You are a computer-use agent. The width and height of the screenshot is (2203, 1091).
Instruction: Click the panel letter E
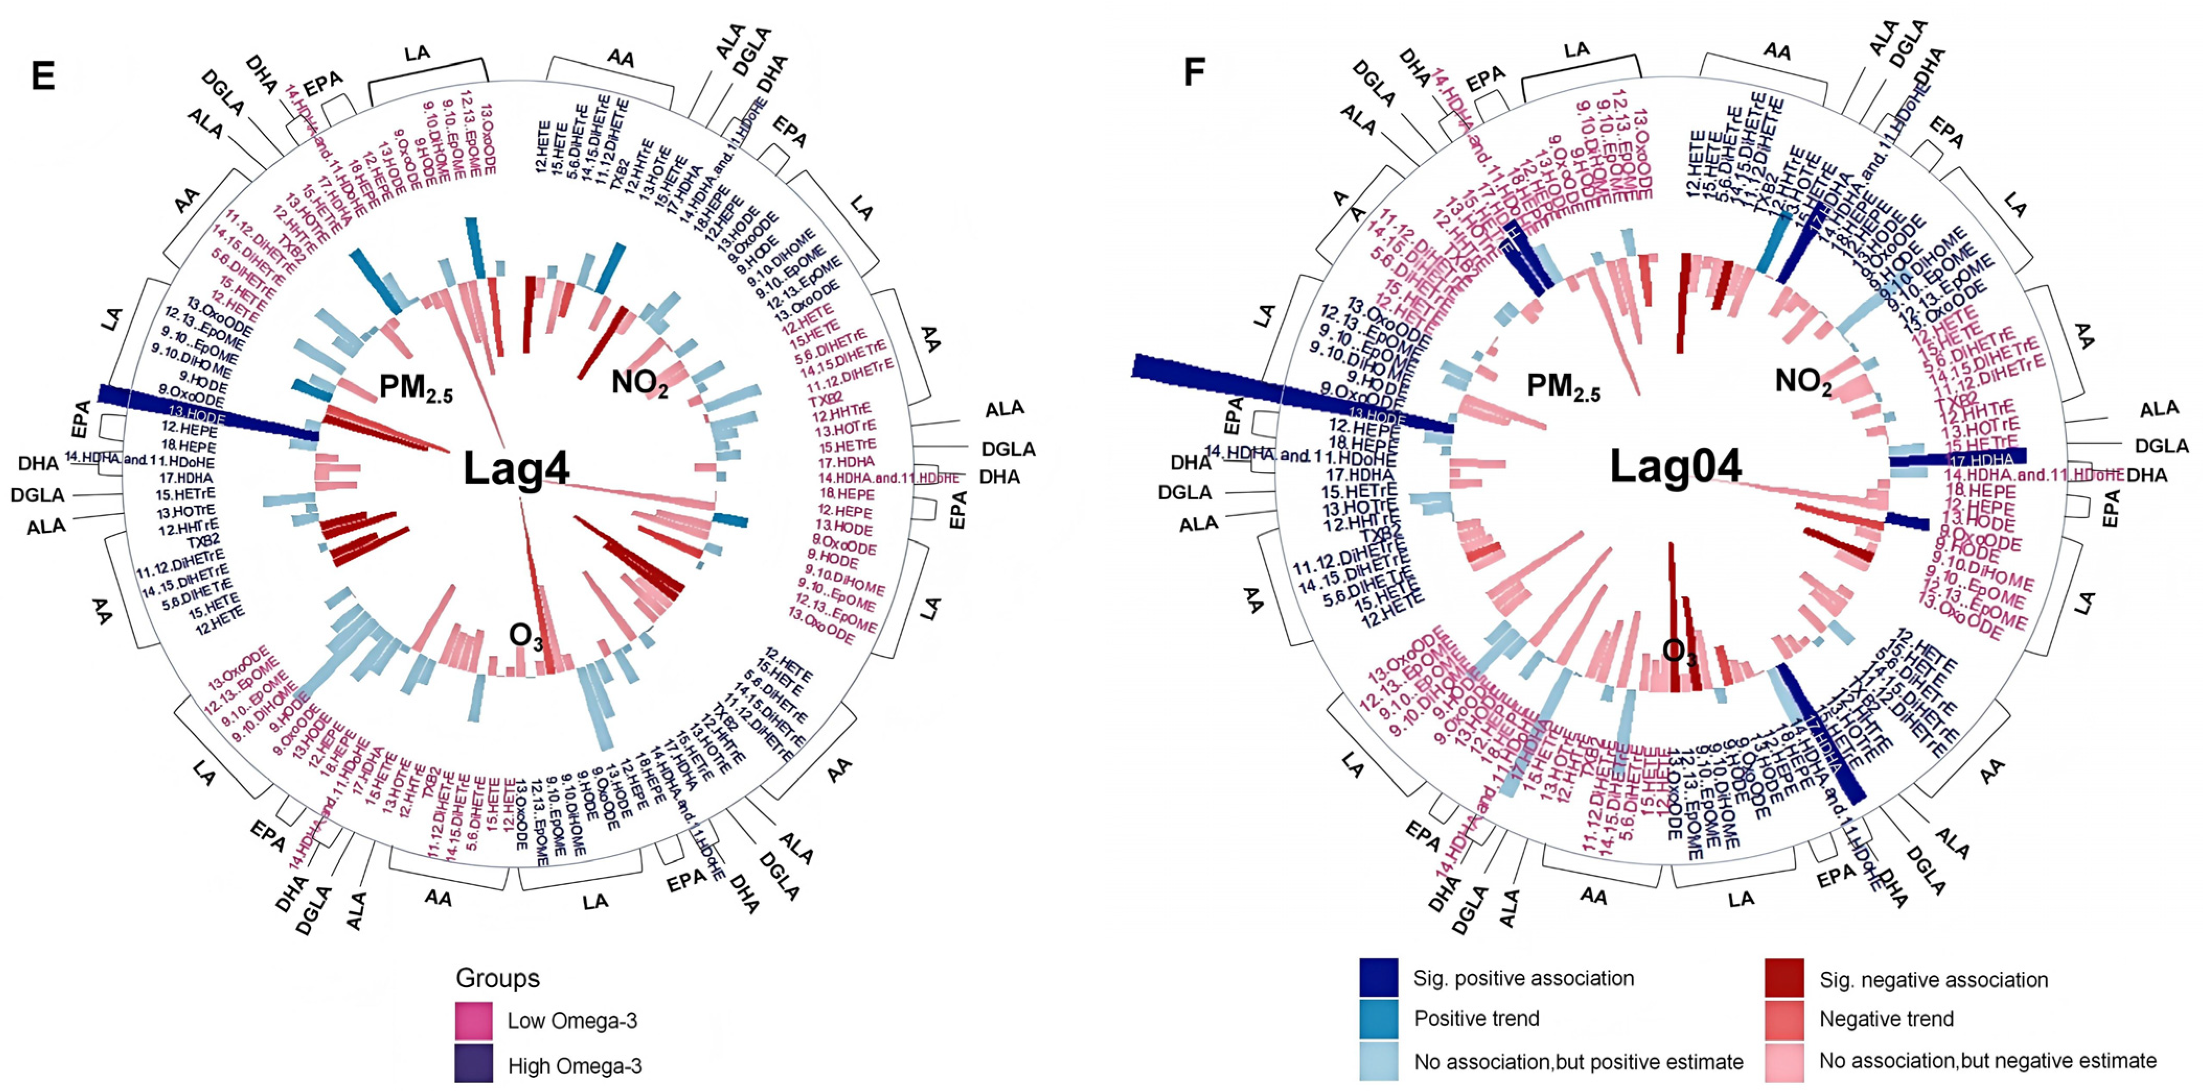pos(43,76)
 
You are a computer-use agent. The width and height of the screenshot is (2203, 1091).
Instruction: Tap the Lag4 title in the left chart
pos(516,469)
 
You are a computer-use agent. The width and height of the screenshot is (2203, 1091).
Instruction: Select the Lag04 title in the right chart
pos(1675,467)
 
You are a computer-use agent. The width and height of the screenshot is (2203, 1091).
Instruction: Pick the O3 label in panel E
pos(526,636)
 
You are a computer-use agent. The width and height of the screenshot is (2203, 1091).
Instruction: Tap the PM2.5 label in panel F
pos(1563,387)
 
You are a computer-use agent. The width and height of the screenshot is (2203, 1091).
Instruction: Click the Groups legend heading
pos(498,977)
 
